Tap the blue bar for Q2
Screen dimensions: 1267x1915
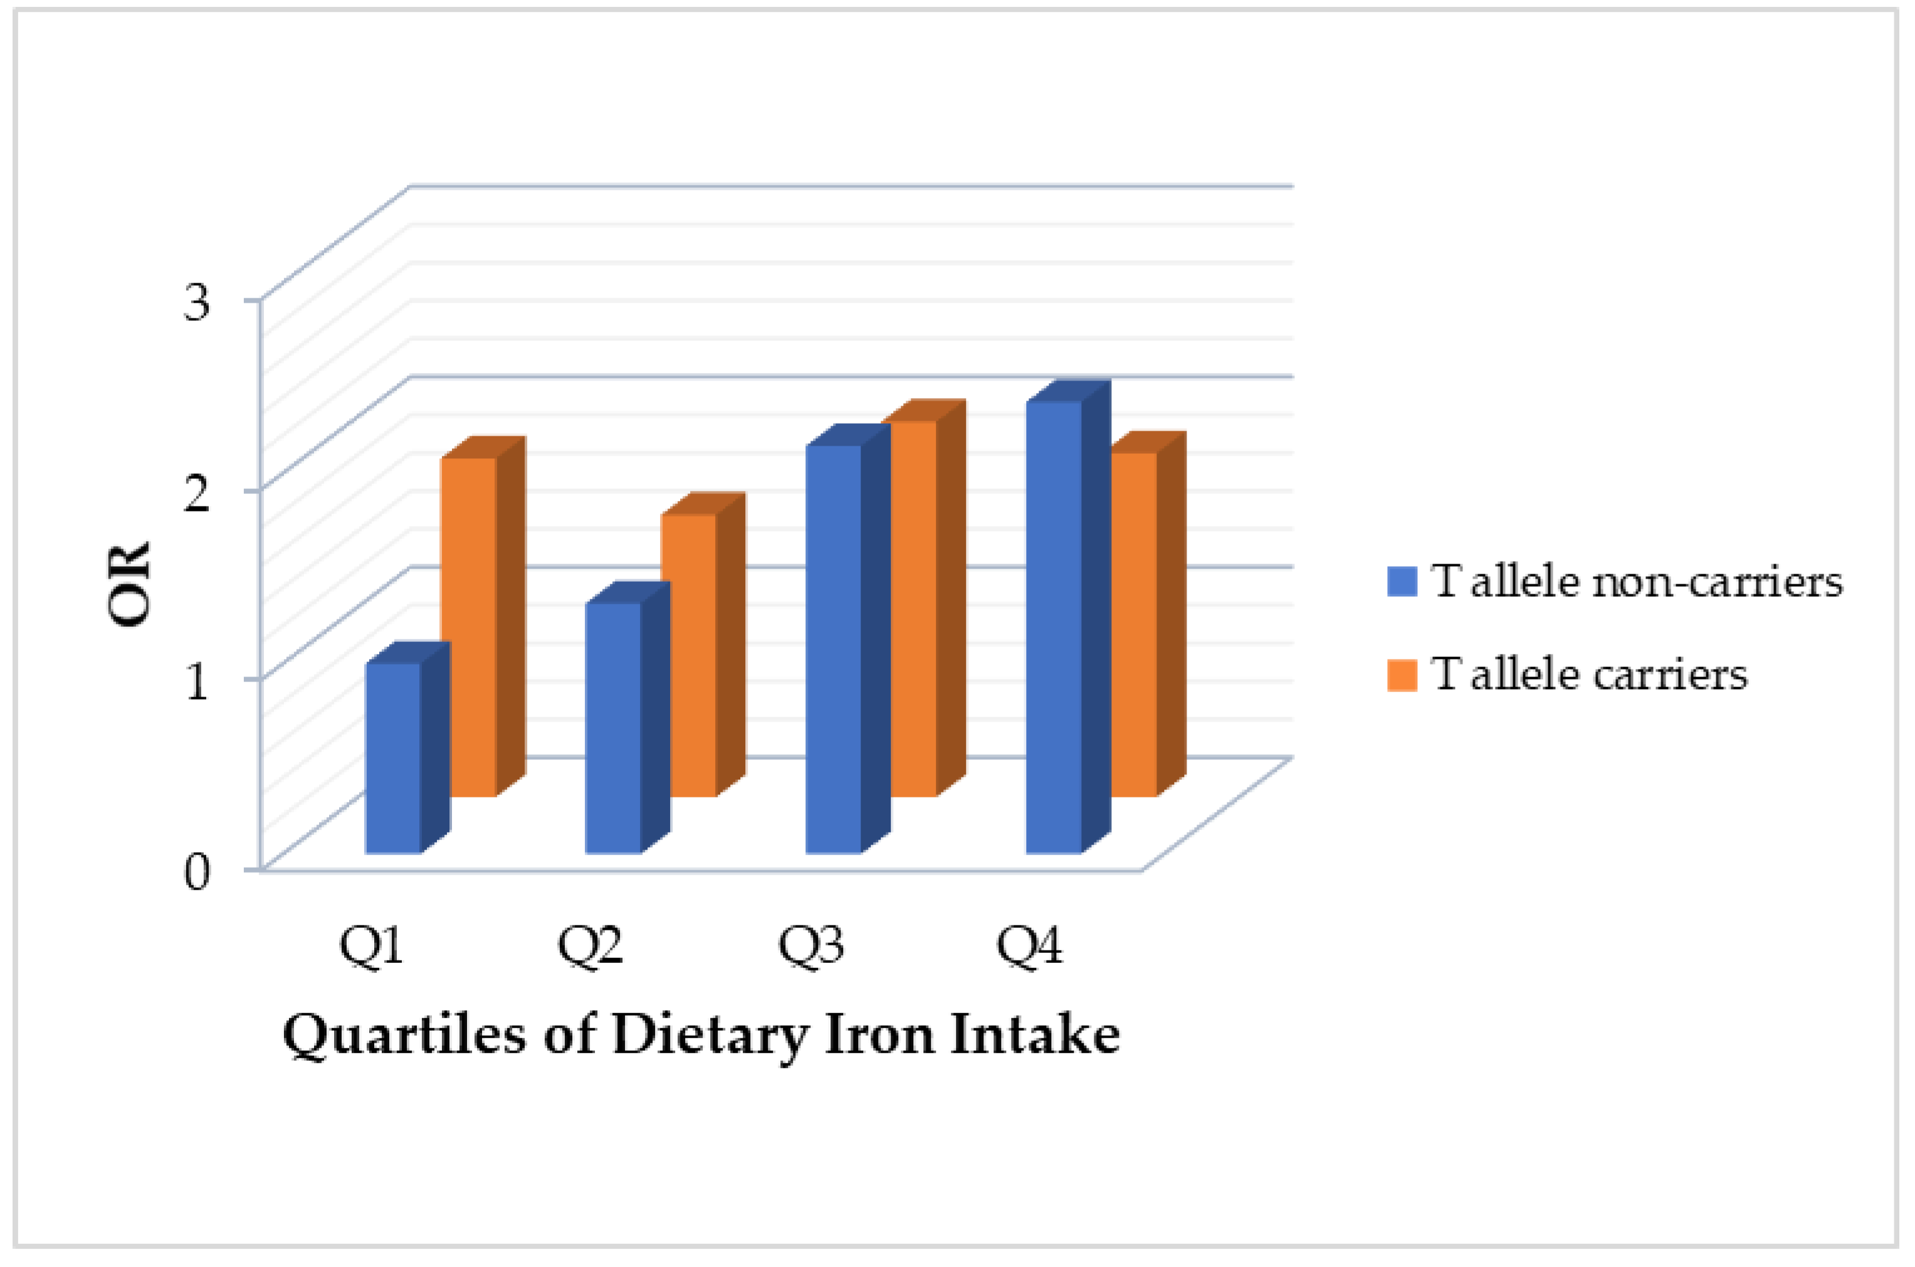click(x=613, y=727)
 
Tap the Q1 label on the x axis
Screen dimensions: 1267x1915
click(x=371, y=945)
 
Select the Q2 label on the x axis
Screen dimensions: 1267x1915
click(x=590, y=945)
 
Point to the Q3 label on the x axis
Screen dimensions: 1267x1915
click(x=811, y=945)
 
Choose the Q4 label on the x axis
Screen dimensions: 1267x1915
click(x=1029, y=945)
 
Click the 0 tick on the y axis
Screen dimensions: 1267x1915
click(x=197, y=872)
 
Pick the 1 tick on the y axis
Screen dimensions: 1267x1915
click(x=197, y=681)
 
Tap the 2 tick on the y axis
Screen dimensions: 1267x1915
click(x=197, y=492)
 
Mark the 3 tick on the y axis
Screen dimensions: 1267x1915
click(x=197, y=302)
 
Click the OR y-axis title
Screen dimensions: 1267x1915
click(x=129, y=584)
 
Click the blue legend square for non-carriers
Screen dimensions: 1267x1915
click(x=1402, y=581)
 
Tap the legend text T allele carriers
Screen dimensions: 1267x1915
click(x=1588, y=674)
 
